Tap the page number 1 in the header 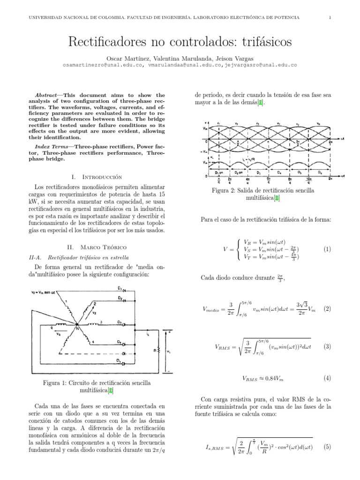(330, 18)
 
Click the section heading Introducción (102, 177)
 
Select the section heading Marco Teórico (102, 247)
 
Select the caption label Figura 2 (225, 191)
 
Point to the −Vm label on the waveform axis (202, 152)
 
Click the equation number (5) (327, 447)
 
